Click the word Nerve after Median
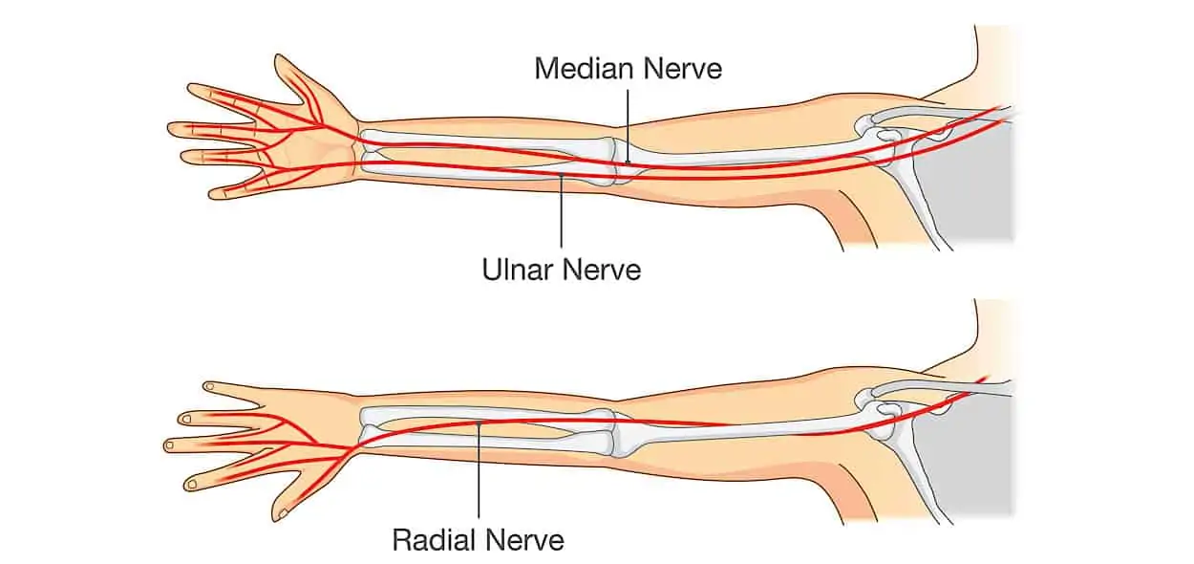click(x=683, y=69)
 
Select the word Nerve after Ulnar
click(x=601, y=269)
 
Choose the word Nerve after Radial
click(x=524, y=540)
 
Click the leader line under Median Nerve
click(x=628, y=126)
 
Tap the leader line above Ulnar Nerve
click(x=562, y=210)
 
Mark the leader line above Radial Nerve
click(x=479, y=470)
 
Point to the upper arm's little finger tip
click(x=215, y=193)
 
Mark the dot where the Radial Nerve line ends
click(x=479, y=423)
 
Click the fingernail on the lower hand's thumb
click(x=284, y=514)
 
